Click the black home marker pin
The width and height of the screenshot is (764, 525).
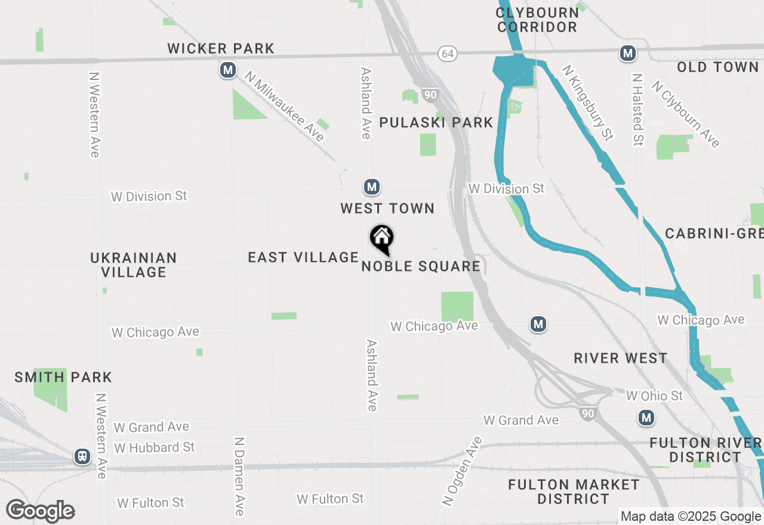tap(382, 239)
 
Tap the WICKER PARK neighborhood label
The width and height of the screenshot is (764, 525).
tap(221, 48)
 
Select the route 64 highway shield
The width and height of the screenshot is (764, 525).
tap(448, 54)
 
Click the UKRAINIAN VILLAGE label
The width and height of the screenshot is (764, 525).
tap(134, 265)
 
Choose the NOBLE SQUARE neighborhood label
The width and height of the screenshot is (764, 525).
tap(421, 266)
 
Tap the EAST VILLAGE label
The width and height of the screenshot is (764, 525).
tap(303, 257)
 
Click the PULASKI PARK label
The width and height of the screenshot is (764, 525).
tap(436, 122)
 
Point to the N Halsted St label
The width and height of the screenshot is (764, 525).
tap(637, 110)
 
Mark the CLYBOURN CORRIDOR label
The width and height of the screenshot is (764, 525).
tap(537, 20)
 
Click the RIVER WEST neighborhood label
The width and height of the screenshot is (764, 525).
tap(620, 358)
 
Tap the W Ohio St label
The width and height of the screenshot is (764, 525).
tap(654, 396)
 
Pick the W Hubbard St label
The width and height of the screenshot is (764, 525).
tap(155, 447)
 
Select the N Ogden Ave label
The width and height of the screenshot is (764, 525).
tap(462, 472)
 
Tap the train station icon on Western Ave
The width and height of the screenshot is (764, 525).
tap(82, 456)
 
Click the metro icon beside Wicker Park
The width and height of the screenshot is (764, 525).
tap(227, 70)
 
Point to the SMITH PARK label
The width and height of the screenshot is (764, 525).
tap(63, 377)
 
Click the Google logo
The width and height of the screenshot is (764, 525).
tap(40, 511)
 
